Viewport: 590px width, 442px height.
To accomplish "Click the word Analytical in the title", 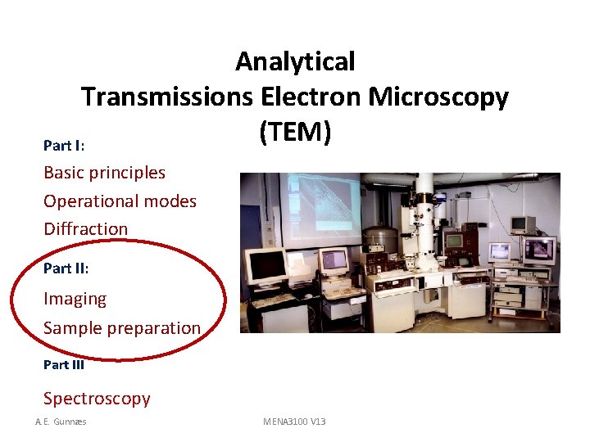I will point(295,61).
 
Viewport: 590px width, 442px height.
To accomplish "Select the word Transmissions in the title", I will point(167,97).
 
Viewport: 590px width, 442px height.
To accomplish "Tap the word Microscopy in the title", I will point(438,97).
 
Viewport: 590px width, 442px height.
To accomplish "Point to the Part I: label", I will point(64,146).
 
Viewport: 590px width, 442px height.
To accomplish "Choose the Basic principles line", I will point(104,173).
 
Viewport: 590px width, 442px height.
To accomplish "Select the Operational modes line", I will point(120,201).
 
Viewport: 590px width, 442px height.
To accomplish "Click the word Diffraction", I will point(85,229).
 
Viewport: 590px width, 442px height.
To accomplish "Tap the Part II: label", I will point(66,268).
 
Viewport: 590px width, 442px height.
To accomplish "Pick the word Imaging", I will point(75,300).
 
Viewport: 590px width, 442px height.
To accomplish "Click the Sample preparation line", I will point(121,328).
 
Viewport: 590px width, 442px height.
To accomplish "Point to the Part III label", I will point(64,365).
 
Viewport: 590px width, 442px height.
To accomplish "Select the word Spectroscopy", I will point(97,399).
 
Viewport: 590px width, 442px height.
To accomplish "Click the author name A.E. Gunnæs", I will point(61,422).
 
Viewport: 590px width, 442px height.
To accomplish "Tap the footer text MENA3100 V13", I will point(294,422).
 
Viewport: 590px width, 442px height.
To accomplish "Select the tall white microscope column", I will point(424,221).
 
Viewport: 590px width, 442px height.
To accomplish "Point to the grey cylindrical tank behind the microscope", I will point(380,237).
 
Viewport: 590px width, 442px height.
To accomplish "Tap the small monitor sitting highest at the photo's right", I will point(522,223).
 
